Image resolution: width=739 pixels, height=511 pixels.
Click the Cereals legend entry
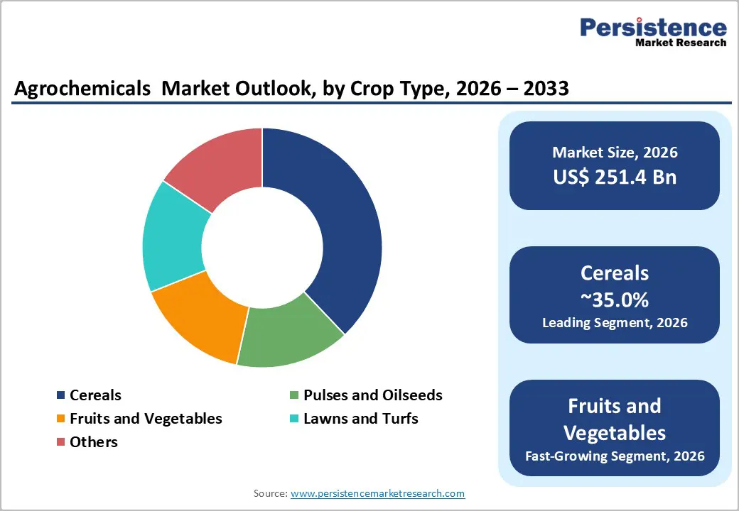click(x=95, y=395)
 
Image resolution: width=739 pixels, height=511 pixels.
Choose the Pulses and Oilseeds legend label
click(x=372, y=395)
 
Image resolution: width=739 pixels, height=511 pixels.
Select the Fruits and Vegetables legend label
click(x=146, y=419)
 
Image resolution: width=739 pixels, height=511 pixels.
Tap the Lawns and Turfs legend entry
click(x=360, y=419)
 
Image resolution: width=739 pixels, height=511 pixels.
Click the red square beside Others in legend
click(x=61, y=442)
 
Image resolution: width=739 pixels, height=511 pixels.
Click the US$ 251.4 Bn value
click(x=615, y=177)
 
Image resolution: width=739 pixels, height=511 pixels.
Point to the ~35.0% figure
click(x=615, y=300)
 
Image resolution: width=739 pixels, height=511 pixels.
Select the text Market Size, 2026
click(x=615, y=153)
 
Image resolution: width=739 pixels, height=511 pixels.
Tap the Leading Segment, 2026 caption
click(x=615, y=323)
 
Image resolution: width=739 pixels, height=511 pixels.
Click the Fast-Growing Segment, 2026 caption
click(x=615, y=456)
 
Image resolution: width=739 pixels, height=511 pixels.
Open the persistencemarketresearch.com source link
click(x=377, y=493)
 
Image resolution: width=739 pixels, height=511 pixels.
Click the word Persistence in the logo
click(x=653, y=28)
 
